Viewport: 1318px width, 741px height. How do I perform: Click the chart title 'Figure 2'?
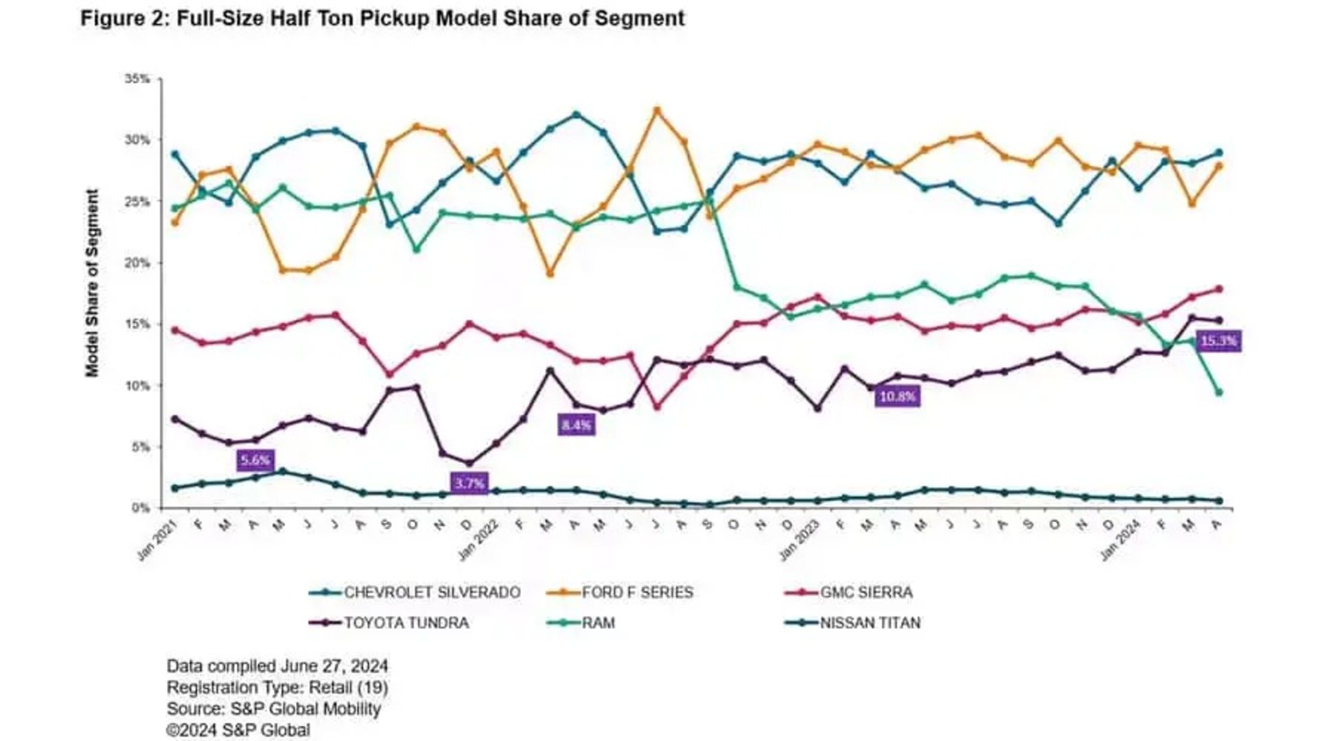coord(382,19)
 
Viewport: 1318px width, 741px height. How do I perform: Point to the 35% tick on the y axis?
coord(137,79)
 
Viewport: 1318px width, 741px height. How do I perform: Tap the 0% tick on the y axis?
coord(140,508)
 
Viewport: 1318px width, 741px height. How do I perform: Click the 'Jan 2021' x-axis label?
coord(157,541)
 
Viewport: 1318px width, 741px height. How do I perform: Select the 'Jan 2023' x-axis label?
coord(799,541)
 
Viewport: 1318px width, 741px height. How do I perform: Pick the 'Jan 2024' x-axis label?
coord(1120,541)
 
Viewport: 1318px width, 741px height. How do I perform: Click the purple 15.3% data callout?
coord(1218,341)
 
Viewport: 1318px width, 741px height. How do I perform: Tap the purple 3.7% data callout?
coord(469,483)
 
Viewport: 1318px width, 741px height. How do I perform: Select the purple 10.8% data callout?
coord(897,396)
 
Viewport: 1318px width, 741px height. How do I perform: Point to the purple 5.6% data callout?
coord(255,460)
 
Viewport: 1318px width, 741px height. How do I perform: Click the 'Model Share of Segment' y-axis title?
coord(92,283)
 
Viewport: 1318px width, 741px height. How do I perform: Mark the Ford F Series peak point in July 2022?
coord(657,110)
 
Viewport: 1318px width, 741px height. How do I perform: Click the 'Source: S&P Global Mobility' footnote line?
coord(273,708)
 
